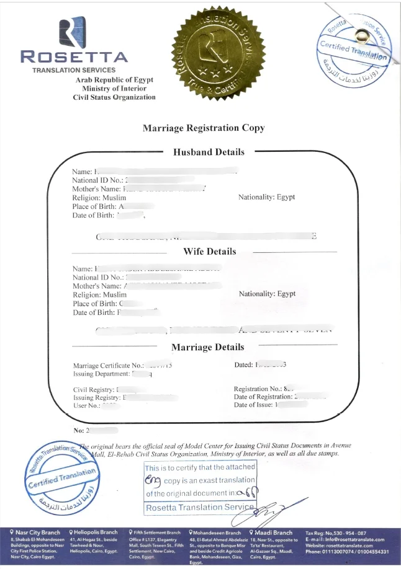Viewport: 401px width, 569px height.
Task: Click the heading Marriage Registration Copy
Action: click(x=204, y=128)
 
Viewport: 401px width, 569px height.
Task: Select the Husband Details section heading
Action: click(x=209, y=151)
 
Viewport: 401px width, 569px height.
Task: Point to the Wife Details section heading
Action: click(x=209, y=252)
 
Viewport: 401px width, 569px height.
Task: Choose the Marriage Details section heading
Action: click(x=207, y=347)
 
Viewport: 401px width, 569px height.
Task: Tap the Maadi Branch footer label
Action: click(x=271, y=532)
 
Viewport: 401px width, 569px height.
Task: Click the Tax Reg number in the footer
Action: click(x=335, y=533)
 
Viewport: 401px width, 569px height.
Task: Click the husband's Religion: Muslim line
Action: click(x=99, y=197)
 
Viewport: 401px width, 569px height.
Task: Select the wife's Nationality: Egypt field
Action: click(x=267, y=294)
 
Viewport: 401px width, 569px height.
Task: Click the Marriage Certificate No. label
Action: click(x=109, y=366)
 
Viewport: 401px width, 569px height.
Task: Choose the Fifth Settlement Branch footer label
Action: click(x=155, y=532)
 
